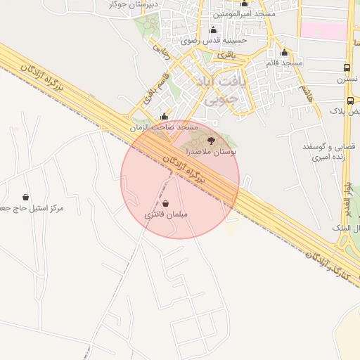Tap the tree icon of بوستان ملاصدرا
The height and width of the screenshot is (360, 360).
(x=212, y=142)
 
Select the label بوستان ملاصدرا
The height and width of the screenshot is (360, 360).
(x=211, y=152)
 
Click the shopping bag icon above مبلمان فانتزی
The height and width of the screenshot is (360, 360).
(x=165, y=203)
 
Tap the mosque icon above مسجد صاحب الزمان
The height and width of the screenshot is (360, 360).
(x=165, y=117)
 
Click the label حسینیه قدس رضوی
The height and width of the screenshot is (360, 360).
(x=214, y=41)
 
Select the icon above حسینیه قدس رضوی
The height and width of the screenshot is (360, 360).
(x=213, y=30)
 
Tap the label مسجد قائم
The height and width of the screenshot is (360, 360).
(x=284, y=63)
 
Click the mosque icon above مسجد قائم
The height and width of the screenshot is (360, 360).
(x=284, y=53)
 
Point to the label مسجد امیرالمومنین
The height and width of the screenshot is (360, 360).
(x=245, y=14)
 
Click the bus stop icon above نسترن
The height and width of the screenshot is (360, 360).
(x=347, y=67)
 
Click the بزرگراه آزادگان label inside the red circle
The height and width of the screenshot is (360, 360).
(x=186, y=169)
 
